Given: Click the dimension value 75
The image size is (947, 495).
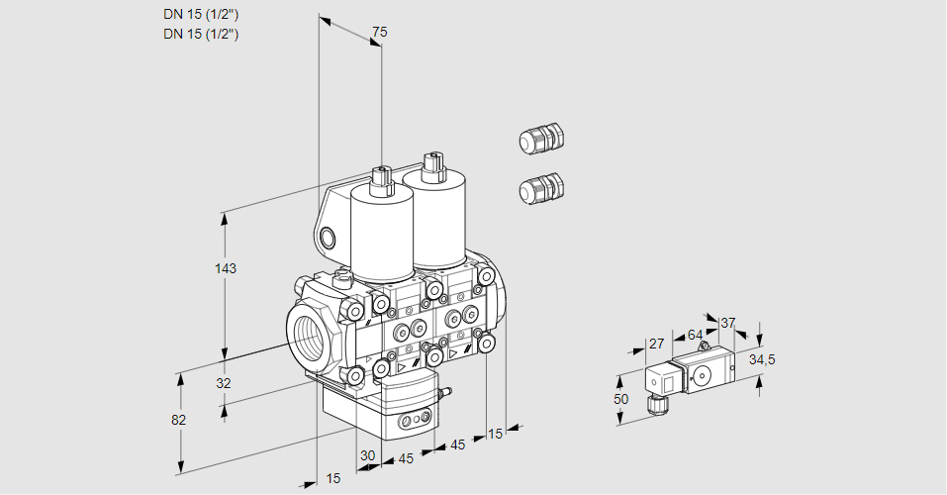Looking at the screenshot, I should click(x=378, y=33).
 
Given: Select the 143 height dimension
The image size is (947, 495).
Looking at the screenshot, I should click(x=228, y=268).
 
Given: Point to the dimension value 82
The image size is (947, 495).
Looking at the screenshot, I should click(x=178, y=420).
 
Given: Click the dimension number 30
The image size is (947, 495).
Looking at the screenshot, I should click(x=367, y=456).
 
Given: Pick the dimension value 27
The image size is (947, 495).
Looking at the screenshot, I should click(x=655, y=344).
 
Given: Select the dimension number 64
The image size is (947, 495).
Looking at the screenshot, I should click(x=695, y=335).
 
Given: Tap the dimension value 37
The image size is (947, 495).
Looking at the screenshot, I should click(x=728, y=323).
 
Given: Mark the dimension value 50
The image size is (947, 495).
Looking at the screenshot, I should click(x=620, y=398).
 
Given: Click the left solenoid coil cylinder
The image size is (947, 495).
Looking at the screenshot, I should click(x=382, y=234).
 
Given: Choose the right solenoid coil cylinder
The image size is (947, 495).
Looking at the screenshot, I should click(x=437, y=218).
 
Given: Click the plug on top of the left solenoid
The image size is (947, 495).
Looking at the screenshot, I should click(x=382, y=179).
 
